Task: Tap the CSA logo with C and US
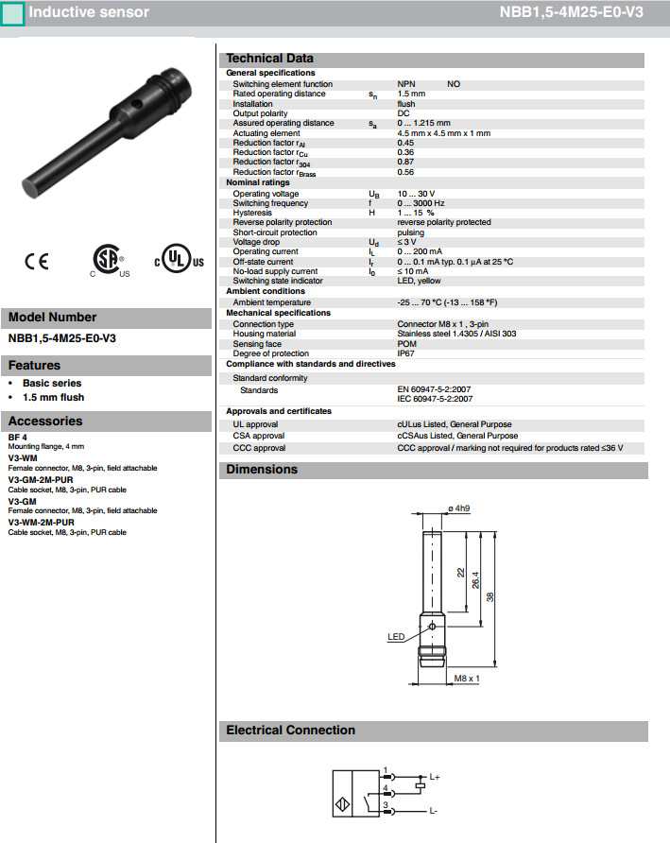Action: [106, 260]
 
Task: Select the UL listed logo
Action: [179, 261]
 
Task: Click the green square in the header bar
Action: [11, 13]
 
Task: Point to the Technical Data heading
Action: [269, 59]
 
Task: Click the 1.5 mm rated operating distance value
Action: [411, 94]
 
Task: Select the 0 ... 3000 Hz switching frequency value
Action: [421, 203]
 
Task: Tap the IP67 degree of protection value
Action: [405, 353]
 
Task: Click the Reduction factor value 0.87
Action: [405, 163]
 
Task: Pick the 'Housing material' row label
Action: [264, 334]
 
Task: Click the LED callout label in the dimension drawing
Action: [395, 637]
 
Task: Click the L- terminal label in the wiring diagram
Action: [434, 811]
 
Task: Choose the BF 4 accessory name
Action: [17, 437]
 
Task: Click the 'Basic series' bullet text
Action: [52, 383]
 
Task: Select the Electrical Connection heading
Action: [290, 731]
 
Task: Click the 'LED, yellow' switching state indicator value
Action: [419, 281]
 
